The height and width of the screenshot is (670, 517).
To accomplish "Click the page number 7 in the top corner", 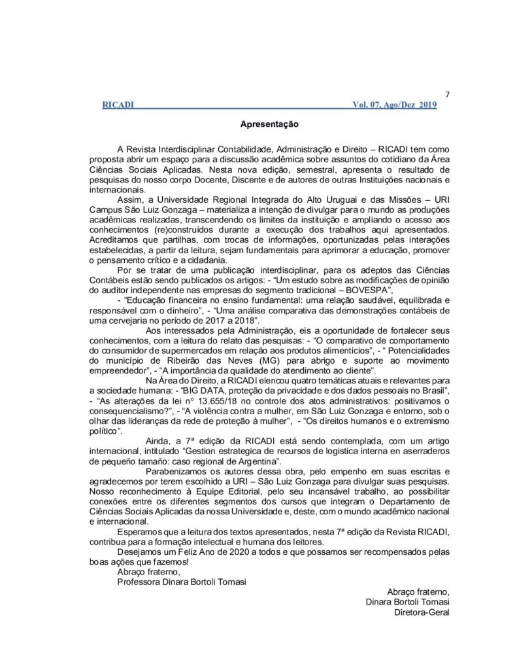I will click(x=446, y=94).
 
